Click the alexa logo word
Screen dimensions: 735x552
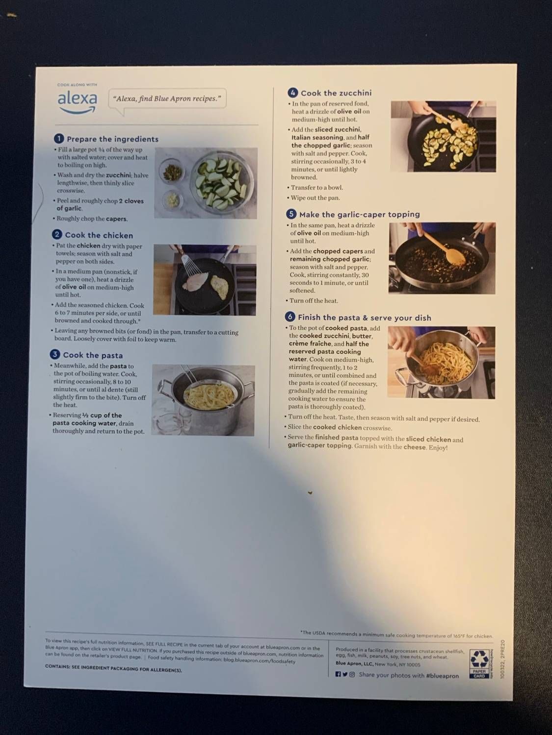(x=77, y=99)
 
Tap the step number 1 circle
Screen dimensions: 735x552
(x=59, y=139)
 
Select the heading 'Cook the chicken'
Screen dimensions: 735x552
(x=99, y=235)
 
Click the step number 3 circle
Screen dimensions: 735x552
(x=55, y=355)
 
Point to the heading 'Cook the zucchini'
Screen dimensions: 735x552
(x=336, y=93)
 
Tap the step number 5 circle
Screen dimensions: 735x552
(x=291, y=214)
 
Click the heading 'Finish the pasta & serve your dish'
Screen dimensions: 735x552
(x=365, y=318)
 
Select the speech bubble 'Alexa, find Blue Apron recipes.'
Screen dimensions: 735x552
(x=167, y=99)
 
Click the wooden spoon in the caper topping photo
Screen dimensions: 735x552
(x=444, y=249)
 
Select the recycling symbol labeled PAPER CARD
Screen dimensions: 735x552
(x=479, y=664)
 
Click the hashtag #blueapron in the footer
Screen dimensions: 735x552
(x=442, y=676)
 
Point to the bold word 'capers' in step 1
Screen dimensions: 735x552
(x=116, y=219)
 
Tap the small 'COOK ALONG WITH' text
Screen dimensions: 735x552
(x=77, y=85)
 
